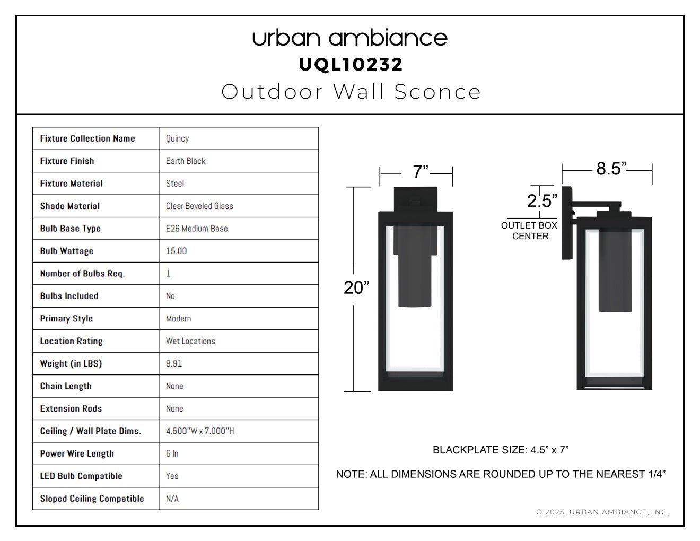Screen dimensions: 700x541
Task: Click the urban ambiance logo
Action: [x=350, y=38]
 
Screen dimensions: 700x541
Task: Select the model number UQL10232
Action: [x=351, y=65]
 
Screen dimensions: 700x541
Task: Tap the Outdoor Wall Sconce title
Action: [x=351, y=92]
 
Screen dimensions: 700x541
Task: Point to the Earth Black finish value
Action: [x=186, y=161]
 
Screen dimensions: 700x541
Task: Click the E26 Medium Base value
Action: [x=197, y=229]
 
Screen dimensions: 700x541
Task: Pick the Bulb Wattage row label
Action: [x=67, y=251]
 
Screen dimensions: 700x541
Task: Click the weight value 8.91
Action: [x=174, y=363]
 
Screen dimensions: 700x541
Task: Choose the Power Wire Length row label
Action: [x=77, y=453]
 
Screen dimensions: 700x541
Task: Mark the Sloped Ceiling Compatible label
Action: [x=92, y=499]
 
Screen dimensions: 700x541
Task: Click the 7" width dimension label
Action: [x=421, y=172]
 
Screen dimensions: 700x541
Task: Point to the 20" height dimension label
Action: [x=356, y=287]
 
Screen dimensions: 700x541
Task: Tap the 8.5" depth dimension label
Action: [x=611, y=169]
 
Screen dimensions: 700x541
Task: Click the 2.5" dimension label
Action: [x=542, y=200]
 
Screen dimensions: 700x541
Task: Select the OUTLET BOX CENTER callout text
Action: [x=529, y=231]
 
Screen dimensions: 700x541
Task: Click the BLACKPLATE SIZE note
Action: [x=501, y=450]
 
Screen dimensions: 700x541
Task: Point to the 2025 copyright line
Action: [x=602, y=512]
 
